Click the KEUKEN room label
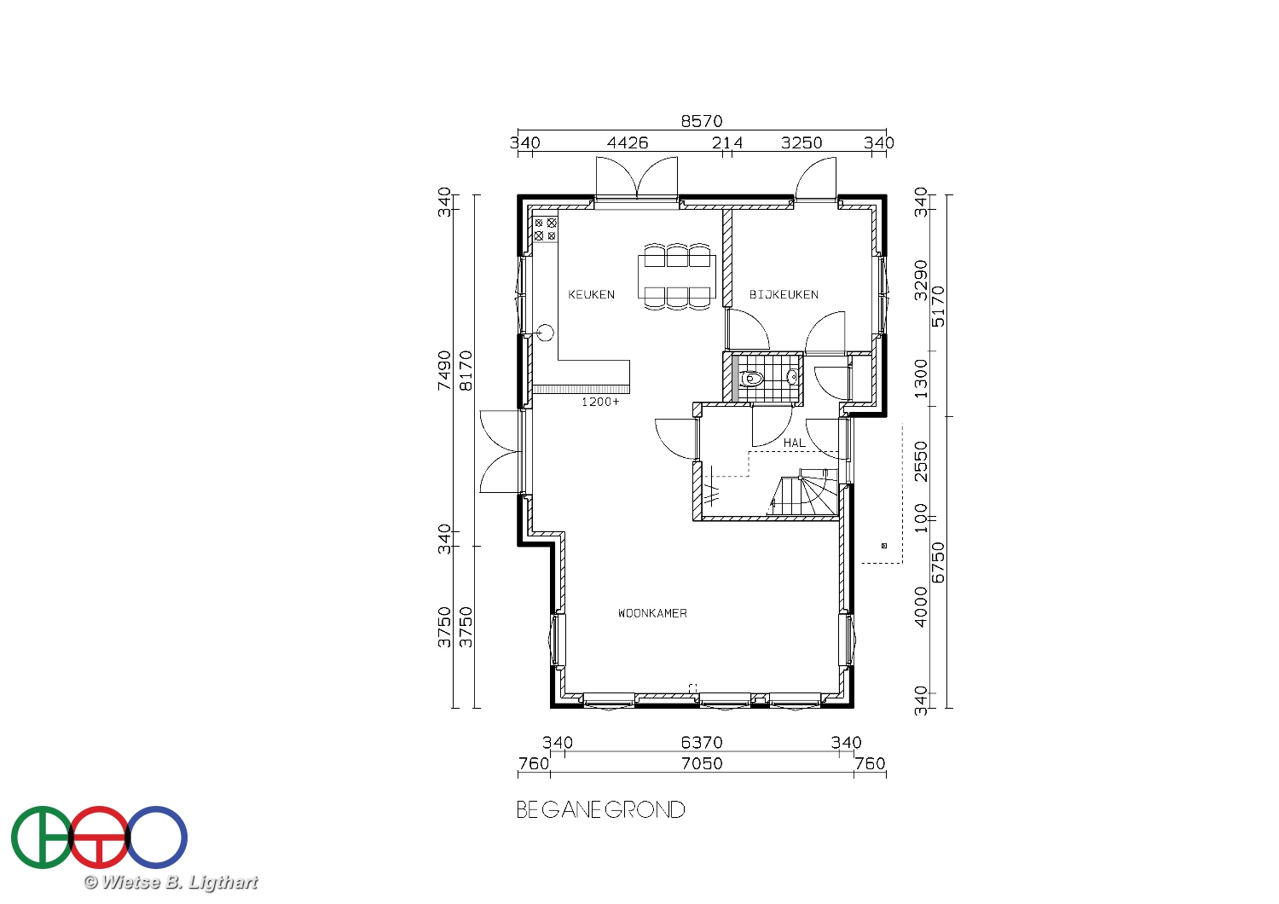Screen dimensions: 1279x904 (x=592, y=295)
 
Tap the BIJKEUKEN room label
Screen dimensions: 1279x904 (x=784, y=295)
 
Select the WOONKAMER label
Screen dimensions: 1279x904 (x=652, y=613)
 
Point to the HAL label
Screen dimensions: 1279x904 (x=795, y=443)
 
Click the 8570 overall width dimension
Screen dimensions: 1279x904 (x=702, y=121)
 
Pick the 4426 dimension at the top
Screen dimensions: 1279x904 (x=628, y=142)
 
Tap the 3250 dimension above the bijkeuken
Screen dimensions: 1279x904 (x=802, y=142)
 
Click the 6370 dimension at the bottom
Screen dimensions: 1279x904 (x=702, y=742)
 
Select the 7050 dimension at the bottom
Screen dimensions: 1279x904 (x=702, y=763)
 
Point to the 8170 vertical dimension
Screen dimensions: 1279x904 (x=466, y=371)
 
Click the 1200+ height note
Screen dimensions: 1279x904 (x=600, y=402)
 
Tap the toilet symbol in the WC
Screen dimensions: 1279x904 (x=751, y=378)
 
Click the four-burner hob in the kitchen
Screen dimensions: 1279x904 (x=546, y=229)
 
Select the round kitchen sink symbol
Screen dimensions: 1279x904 (x=546, y=333)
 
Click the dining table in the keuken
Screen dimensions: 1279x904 (x=677, y=276)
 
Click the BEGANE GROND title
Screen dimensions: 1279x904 (x=600, y=810)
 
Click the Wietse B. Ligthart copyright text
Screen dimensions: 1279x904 (x=171, y=883)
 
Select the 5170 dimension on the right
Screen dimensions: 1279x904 (x=938, y=307)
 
